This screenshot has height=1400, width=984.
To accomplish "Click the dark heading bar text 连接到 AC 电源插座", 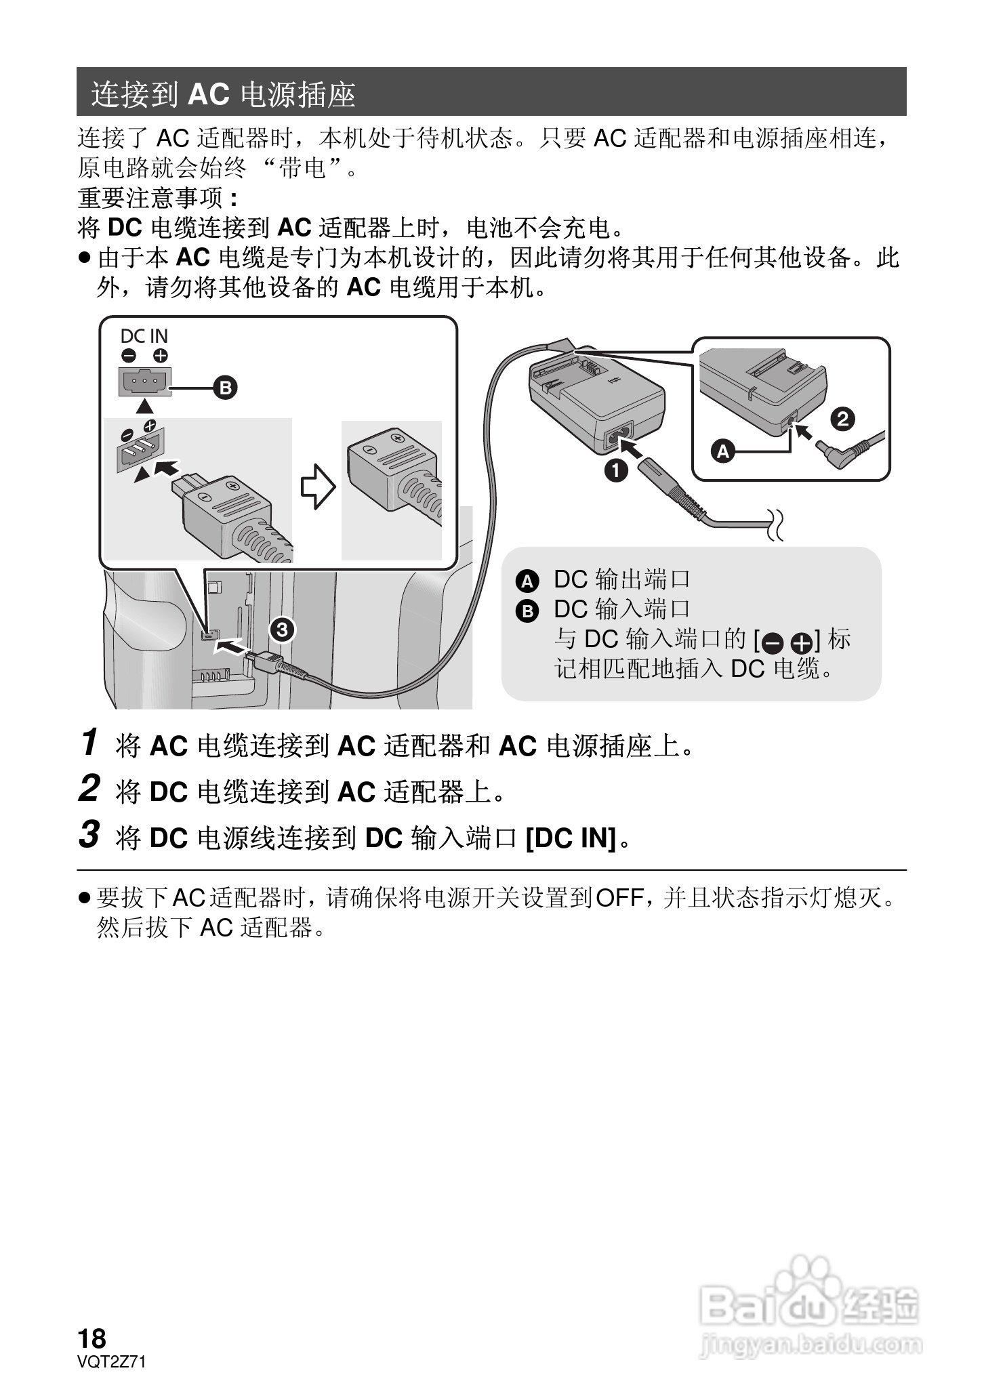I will click(224, 94).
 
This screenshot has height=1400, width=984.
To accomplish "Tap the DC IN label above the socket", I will click(144, 336).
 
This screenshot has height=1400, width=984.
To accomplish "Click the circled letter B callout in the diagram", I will click(225, 388).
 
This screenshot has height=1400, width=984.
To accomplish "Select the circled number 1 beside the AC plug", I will click(615, 470).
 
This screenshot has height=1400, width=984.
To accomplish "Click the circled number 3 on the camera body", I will click(282, 630).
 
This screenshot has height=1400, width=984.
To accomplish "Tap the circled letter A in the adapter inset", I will click(723, 451).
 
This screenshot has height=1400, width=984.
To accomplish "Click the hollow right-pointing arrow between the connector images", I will click(317, 487).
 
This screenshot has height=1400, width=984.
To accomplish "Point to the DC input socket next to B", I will click(144, 382).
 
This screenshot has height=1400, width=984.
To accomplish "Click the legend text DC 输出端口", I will click(621, 579).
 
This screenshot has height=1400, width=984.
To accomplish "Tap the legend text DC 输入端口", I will click(621, 609).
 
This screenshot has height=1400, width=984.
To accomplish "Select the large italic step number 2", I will click(89, 789).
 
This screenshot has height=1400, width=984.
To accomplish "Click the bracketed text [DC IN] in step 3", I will click(571, 838).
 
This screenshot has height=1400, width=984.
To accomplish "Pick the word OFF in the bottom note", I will click(619, 899).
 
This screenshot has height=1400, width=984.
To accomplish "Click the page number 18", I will click(92, 1339).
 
